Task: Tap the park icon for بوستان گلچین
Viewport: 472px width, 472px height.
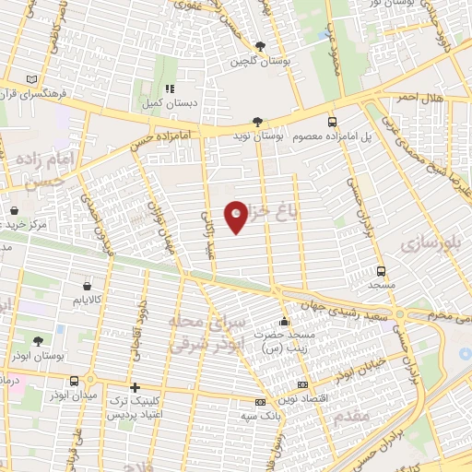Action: pyautogui.click(x=261, y=46)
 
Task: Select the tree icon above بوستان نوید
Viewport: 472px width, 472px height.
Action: pyautogui.click(x=258, y=121)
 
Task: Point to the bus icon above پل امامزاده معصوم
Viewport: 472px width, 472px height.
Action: pyautogui.click(x=332, y=121)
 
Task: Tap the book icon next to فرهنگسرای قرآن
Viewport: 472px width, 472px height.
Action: pyautogui.click(x=33, y=79)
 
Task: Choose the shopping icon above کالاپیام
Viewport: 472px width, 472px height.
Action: pyautogui.click(x=88, y=286)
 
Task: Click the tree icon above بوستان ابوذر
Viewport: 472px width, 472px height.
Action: pyautogui.click(x=37, y=341)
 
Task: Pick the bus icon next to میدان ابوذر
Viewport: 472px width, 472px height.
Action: pyautogui.click(x=91, y=380)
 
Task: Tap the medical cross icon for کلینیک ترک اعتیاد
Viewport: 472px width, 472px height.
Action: pyautogui.click(x=136, y=387)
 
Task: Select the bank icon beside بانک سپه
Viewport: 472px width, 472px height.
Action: pyautogui.click(x=260, y=403)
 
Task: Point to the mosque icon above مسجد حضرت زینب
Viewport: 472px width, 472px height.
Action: pyautogui.click(x=283, y=323)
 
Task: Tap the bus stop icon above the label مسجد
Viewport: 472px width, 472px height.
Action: pyautogui.click(x=381, y=271)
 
